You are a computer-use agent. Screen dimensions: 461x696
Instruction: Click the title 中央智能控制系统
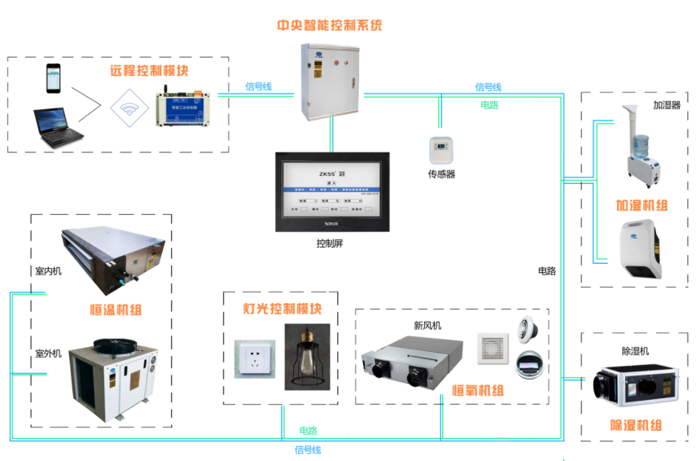[x=330, y=25]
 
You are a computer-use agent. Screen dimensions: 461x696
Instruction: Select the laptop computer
[x=57, y=126]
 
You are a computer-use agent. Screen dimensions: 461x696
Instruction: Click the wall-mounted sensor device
[x=440, y=151]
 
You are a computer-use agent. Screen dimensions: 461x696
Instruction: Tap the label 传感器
[x=441, y=174]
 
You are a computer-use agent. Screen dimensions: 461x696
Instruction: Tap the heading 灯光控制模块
[x=282, y=310]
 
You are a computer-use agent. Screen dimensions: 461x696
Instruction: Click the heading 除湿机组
[x=636, y=425]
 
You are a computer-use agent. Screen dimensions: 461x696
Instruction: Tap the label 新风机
[x=427, y=326]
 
